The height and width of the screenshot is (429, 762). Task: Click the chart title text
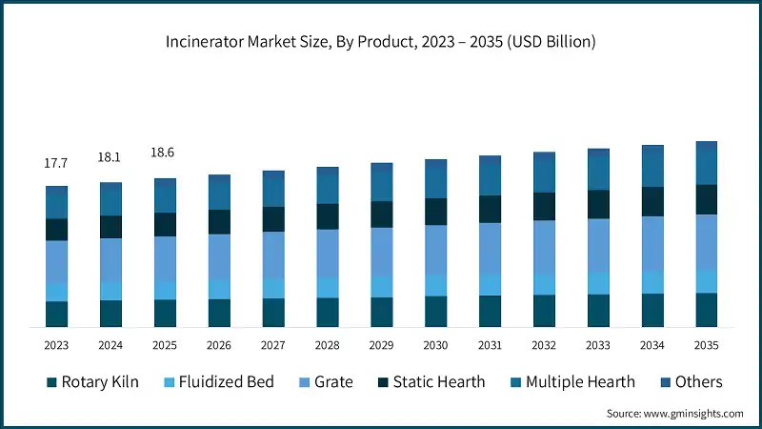(381, 41)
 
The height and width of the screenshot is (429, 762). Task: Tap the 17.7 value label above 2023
(56, 164)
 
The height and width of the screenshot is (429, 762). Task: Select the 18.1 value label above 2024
(110, 158)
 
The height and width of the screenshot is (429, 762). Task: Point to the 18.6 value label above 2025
(165, 153)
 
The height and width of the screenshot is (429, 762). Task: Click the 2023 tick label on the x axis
(56, 345)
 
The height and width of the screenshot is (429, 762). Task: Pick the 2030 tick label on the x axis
(435, 345)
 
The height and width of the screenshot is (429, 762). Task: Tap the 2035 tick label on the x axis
(706, 345)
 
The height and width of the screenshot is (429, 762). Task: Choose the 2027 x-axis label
(273, 345)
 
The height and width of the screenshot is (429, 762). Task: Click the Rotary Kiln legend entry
(93, 382)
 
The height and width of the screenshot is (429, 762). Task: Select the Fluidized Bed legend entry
(218, 382)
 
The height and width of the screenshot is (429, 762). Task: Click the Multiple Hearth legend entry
(571, 382)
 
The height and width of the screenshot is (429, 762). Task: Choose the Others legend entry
(690, 382)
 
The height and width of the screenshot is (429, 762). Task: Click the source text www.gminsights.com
(674, 413)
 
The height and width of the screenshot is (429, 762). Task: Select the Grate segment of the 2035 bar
(706, 241)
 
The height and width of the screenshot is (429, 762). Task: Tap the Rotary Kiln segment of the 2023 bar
(56, 314)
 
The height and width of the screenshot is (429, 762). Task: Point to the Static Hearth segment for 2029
(381, 214)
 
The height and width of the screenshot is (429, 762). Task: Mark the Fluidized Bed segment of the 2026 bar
(219, 289)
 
